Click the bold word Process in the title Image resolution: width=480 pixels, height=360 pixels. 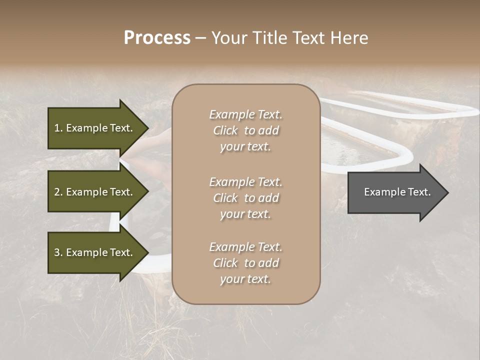(x=157, y=38)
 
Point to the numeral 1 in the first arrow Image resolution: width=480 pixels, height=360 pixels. (x=57, y=128)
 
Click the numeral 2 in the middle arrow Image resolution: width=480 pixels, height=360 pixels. (x=57, y=192)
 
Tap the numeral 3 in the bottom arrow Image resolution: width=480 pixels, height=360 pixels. (x=57, y=252)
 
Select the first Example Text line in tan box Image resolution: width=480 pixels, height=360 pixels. (x=245, y=114)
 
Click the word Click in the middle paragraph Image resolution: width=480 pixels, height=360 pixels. (x=225, y=198)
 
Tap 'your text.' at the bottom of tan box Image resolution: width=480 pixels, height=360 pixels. (x=245, y=279)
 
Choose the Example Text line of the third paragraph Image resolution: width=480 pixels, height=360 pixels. (x=245, y=247)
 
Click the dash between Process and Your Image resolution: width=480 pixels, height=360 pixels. (x=200, y=38)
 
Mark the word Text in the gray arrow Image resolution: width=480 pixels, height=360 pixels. (x=418, y=192)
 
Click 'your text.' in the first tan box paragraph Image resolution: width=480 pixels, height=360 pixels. (x=245, y=146)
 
